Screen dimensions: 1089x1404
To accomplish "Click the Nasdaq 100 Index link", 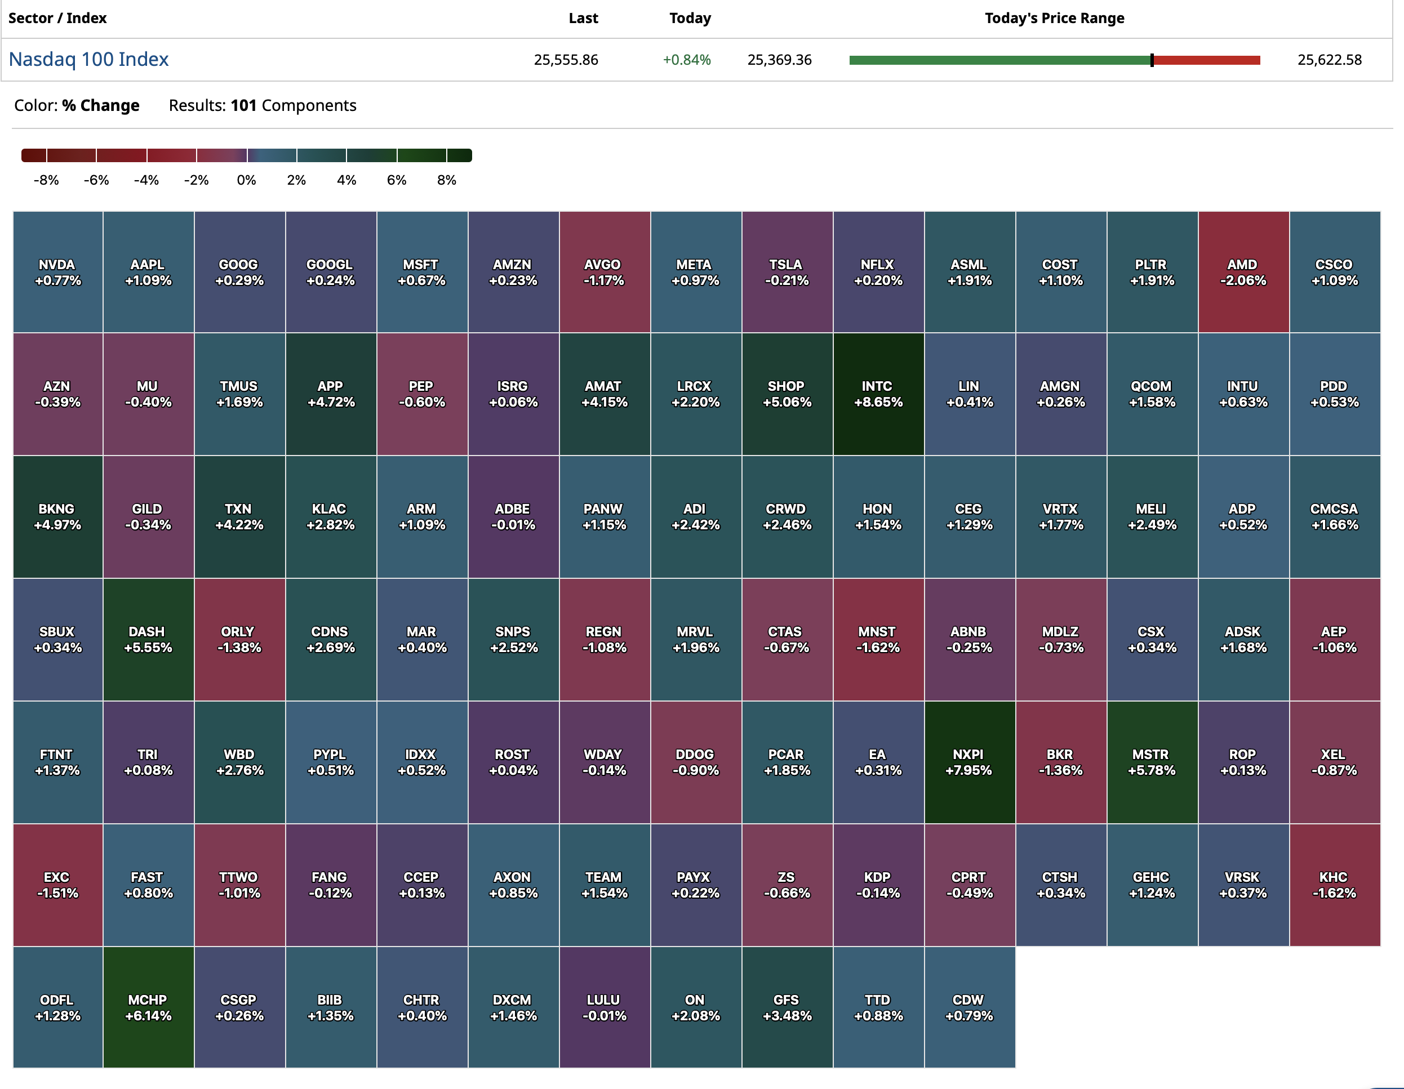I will (88, 59).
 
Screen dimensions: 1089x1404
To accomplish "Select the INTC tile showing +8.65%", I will (878, 394).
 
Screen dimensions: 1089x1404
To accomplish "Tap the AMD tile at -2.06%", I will (1243, 273).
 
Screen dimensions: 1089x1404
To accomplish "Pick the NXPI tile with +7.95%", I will (970, 762).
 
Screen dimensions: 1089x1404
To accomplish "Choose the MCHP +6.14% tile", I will (149, 1007).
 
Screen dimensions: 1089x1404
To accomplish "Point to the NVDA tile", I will (58, 273).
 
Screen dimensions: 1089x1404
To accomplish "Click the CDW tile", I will (970, 1007).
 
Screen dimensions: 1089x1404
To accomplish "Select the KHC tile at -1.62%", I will (1335, 885).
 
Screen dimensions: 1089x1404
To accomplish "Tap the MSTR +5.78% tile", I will (1152, 762).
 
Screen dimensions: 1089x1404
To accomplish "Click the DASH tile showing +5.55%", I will (149, 639).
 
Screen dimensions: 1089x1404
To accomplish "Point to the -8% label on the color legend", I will (46, 180).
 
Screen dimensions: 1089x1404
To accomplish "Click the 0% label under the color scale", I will (246, 180).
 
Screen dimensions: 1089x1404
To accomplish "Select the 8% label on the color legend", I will (447, 180).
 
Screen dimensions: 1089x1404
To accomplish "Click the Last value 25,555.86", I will (566, 60).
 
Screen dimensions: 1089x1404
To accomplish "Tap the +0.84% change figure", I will (687, 60).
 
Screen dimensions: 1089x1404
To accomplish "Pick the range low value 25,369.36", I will (779, 60).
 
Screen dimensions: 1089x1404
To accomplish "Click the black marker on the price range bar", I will (1152, 60).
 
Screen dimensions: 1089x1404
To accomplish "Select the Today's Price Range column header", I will (1054, 18).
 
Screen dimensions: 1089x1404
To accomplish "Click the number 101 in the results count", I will (243, 105).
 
